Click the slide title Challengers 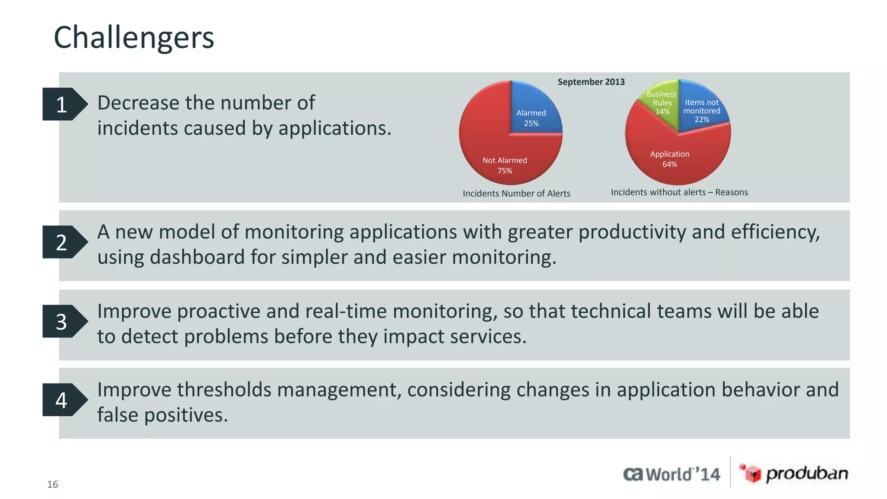point(134,38)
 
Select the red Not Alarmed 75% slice point(498,156)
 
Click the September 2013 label point(591,82)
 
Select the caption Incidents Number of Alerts point(516,194)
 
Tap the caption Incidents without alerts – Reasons point(679,192)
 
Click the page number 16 point(52,484)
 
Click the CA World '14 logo point(671,474)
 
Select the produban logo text point(807,473)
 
